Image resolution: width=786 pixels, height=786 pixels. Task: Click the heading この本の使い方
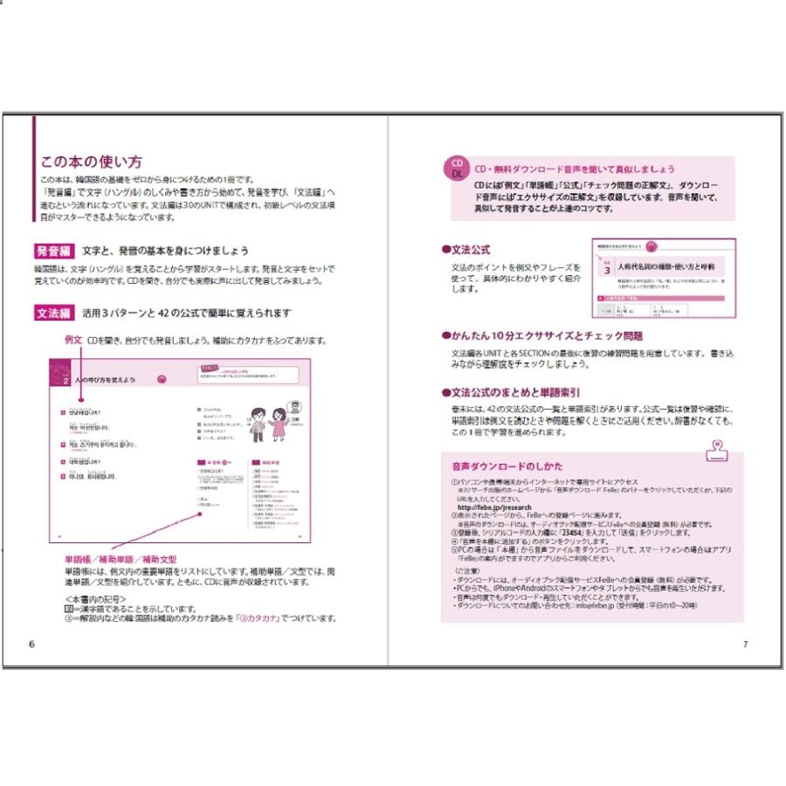point(92,162)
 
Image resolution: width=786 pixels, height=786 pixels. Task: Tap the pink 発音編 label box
point(58,251)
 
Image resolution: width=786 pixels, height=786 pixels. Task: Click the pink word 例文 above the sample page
point(73,341)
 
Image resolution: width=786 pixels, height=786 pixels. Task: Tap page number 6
point(31,645)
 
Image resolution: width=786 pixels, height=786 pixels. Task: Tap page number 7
point(745,645)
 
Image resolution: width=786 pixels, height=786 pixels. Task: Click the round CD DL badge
point(457,170)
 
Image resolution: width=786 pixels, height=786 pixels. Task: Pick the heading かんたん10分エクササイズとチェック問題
point(541,336)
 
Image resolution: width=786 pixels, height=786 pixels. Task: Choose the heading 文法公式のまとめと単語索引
point(515,393)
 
